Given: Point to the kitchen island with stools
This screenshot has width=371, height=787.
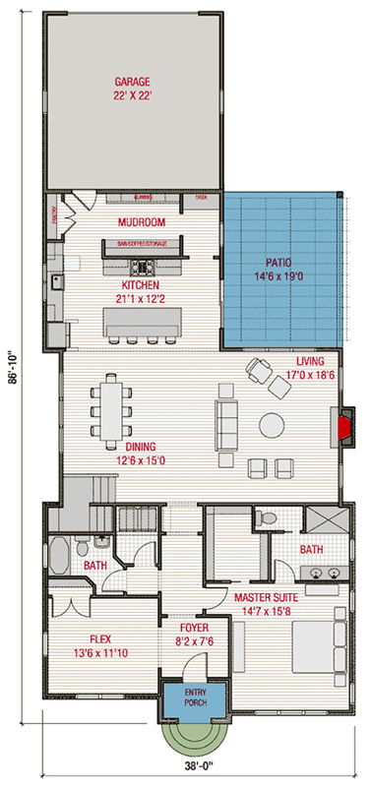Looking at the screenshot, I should point(144,321).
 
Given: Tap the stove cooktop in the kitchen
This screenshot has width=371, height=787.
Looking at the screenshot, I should point(144,266).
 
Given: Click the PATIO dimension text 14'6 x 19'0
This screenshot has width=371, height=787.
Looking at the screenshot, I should point(280,278).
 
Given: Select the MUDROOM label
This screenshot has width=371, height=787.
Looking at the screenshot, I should point(141,222).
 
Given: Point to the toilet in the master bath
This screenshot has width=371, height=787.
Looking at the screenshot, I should point(263,519).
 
